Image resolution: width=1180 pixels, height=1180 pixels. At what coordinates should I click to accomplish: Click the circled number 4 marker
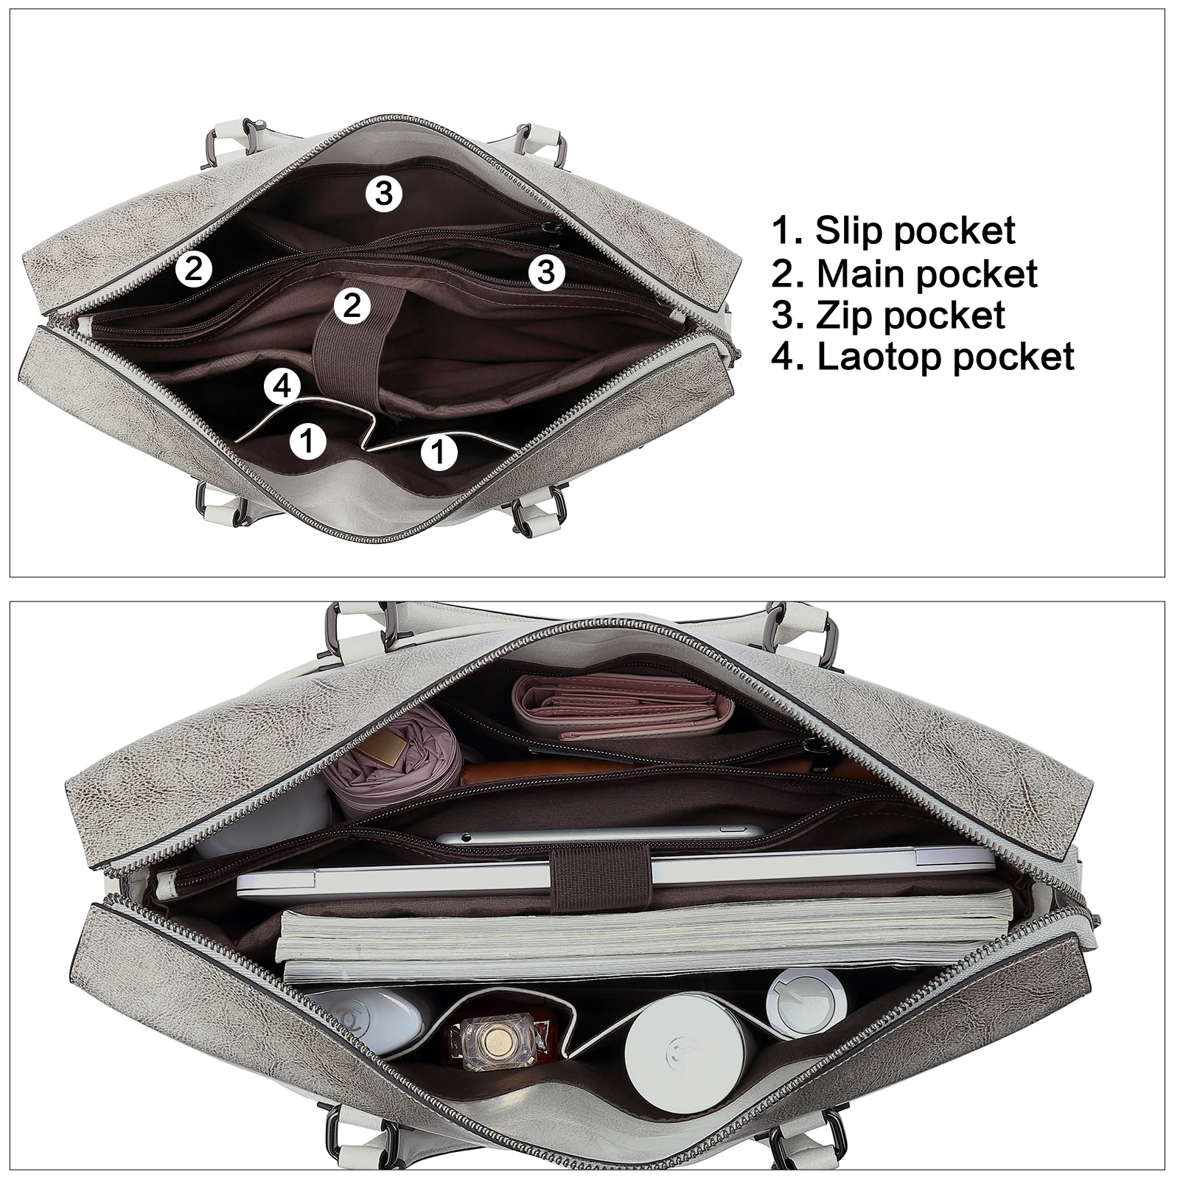pyautogui.click(x=284, y=386)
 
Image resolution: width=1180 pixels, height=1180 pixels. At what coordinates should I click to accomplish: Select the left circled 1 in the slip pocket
pyautogui.click(x=308, y=441)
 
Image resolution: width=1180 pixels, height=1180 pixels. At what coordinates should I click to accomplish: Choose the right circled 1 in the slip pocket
pyautogui.click(x=439, y=451)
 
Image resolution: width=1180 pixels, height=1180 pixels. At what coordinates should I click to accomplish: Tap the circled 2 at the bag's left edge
pyautogui.click(x=194, y=269)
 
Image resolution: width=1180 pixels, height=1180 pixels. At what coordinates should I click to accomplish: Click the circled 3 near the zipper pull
pyautogui.click(x=546, y=272)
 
